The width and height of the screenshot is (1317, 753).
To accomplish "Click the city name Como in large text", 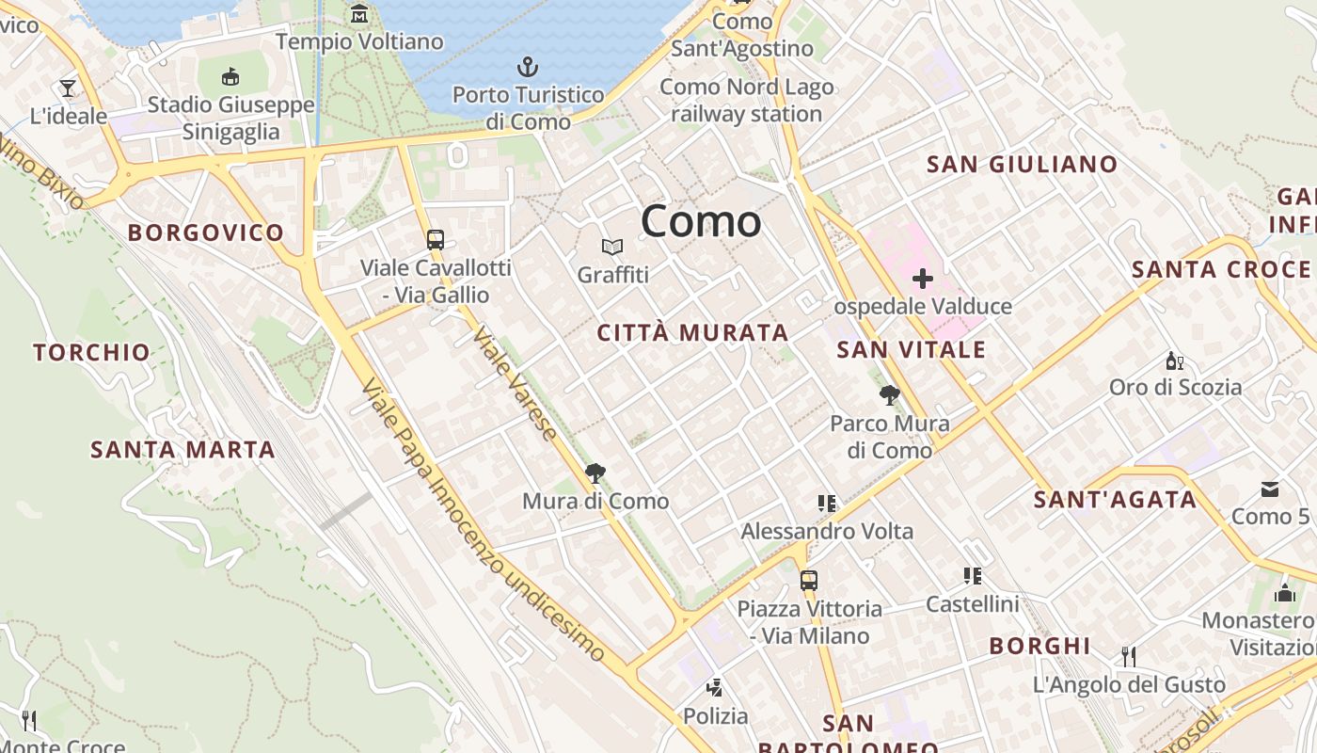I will (x=701, y=222).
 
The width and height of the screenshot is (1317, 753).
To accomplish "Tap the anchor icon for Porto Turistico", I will (x=528, y=67).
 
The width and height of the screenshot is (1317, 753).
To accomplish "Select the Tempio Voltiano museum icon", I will (x=359, y=14).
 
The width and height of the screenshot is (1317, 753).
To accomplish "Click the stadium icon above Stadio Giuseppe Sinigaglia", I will (x=230, y=76).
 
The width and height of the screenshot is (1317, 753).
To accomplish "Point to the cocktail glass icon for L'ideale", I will (x=68, y=88).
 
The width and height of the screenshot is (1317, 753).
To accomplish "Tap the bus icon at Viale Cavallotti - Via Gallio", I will (x=435, y=239).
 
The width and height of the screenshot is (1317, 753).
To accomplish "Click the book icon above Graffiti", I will (x=612, y=248).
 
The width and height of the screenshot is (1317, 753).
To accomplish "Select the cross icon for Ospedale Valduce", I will (x=923, y=279).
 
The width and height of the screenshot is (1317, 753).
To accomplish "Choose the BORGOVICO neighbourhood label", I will (x=206, y=232).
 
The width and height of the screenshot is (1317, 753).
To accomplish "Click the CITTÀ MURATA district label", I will (x=692, y=332).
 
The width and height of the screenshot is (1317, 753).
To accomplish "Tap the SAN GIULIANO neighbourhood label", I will (x=1023, y=165).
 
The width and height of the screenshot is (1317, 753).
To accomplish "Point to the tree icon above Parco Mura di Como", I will (x=889, y=395).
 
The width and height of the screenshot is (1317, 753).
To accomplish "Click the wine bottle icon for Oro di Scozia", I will (x=1175, y=360).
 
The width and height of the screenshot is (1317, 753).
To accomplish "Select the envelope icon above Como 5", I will (x=1270, y=489).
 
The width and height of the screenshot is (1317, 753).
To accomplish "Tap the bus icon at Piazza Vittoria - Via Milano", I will (x=808, y=580).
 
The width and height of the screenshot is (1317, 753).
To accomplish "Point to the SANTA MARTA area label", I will (x=182, y=450).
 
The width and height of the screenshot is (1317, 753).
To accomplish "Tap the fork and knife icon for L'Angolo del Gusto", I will (x=1129, y=656).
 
